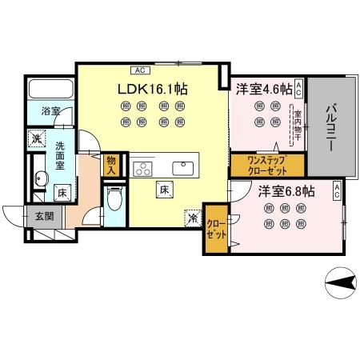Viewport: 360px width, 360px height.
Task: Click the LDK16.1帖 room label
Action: [x=153, y=90]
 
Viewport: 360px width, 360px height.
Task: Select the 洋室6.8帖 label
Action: [x=286, y=192]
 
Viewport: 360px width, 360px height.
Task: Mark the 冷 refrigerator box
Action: [x=192, y=215]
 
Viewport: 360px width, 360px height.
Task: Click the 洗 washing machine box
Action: [x=38, y=138]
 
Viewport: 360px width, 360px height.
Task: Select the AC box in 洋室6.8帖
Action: [x=337, y=190]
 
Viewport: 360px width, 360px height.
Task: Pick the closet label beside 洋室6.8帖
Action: [x=215, y=228]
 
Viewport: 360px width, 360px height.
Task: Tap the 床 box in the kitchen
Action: [x=162, y=190]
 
